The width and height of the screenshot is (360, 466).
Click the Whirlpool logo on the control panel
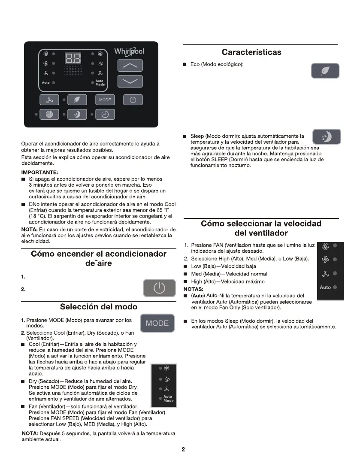point(129,51)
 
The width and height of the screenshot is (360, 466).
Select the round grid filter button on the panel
point(49,115)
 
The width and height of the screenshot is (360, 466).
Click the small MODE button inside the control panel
point(105,100)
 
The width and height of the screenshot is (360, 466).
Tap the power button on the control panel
point(133,100)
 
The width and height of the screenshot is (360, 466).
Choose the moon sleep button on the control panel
point(77,115)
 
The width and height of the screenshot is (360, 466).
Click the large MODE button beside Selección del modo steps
point(157,323)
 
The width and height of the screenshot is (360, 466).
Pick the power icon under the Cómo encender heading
point(159,288)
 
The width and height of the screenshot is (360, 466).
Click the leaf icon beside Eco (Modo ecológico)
point(325,71)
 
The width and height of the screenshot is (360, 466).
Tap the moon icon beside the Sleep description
point(327,137)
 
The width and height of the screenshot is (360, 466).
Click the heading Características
point(251,52)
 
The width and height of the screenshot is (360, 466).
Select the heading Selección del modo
point(99,307)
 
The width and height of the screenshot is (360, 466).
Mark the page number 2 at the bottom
point(183,450)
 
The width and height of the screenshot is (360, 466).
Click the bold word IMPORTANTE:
point(40,172)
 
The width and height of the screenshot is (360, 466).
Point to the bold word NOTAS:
point(194,289)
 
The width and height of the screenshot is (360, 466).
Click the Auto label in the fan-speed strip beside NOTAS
point(325,287)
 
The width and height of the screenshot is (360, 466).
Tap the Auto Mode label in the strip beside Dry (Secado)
point(168,399)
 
